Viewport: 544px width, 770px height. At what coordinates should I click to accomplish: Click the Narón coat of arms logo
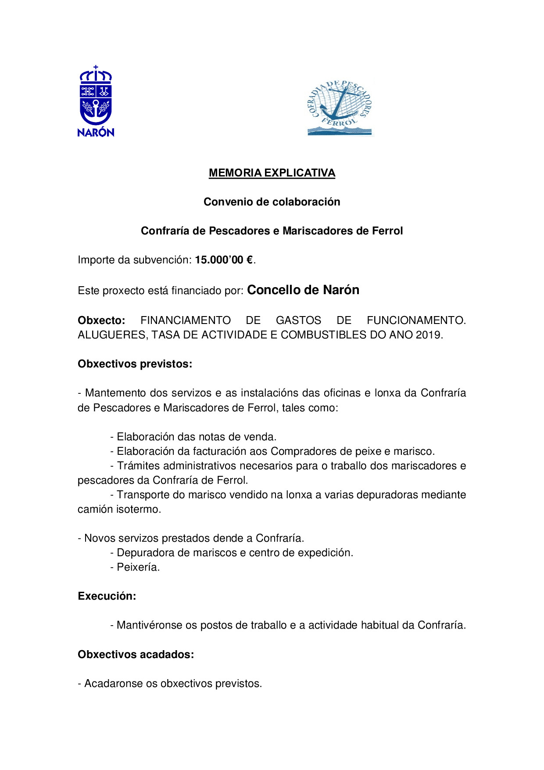coord(96,101)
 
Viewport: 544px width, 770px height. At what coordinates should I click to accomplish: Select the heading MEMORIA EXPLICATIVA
coord(272,173)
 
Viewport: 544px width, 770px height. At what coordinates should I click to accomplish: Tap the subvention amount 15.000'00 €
coord(224,260)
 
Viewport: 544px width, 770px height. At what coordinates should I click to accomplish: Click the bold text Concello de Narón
coord(303,290)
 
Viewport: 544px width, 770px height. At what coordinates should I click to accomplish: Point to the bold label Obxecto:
coord(101,320)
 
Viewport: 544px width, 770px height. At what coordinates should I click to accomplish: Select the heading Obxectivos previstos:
coord(135,364)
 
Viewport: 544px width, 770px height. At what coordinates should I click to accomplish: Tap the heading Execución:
coord(107,596)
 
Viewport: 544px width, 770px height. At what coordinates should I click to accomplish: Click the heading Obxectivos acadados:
coord(136,655)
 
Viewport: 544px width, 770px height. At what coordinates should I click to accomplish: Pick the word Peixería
coord(138,567)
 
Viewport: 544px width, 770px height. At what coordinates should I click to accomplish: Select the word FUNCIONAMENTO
coord(416,320)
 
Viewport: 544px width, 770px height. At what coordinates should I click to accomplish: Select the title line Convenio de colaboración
coord(272,202)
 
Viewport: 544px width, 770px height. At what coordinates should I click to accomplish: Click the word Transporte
coord(143,495)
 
